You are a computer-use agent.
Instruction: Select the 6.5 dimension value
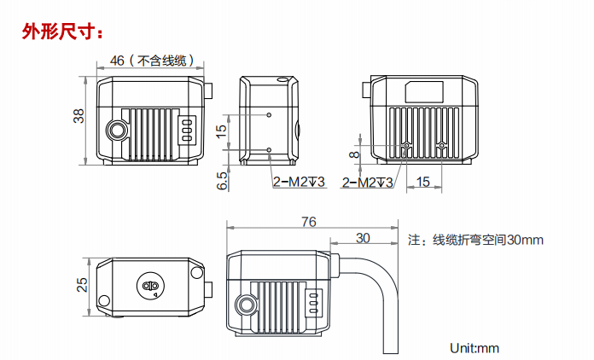pyautogui.click(x=223, y=180)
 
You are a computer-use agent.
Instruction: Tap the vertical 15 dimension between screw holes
pyautogui.click(x=223, y=131)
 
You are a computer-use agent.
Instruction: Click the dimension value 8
pyautogui.click(x=354, y=154)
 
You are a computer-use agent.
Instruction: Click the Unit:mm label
pyautogui.click(x=474, y=347)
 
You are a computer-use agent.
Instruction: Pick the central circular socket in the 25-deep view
pyautogui.click(x=150, y=287)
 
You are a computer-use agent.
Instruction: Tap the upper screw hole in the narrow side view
pyautogui.click(x=270, y=114)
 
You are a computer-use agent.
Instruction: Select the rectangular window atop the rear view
pyautogui.click(x=424, y=90)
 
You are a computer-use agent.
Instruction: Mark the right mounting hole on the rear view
pyautogui.click(x=441, y=145)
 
